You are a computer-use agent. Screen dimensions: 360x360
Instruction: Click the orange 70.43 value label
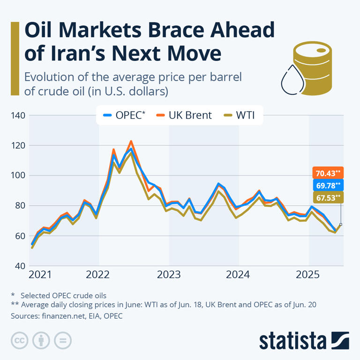[328, 173]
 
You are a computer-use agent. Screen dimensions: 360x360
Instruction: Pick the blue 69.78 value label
[328, 185]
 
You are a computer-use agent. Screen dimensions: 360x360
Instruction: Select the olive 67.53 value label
[328, 197]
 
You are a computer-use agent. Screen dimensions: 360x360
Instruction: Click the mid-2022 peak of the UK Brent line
[131, 141]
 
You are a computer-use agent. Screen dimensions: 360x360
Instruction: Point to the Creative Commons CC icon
[19, 340]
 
